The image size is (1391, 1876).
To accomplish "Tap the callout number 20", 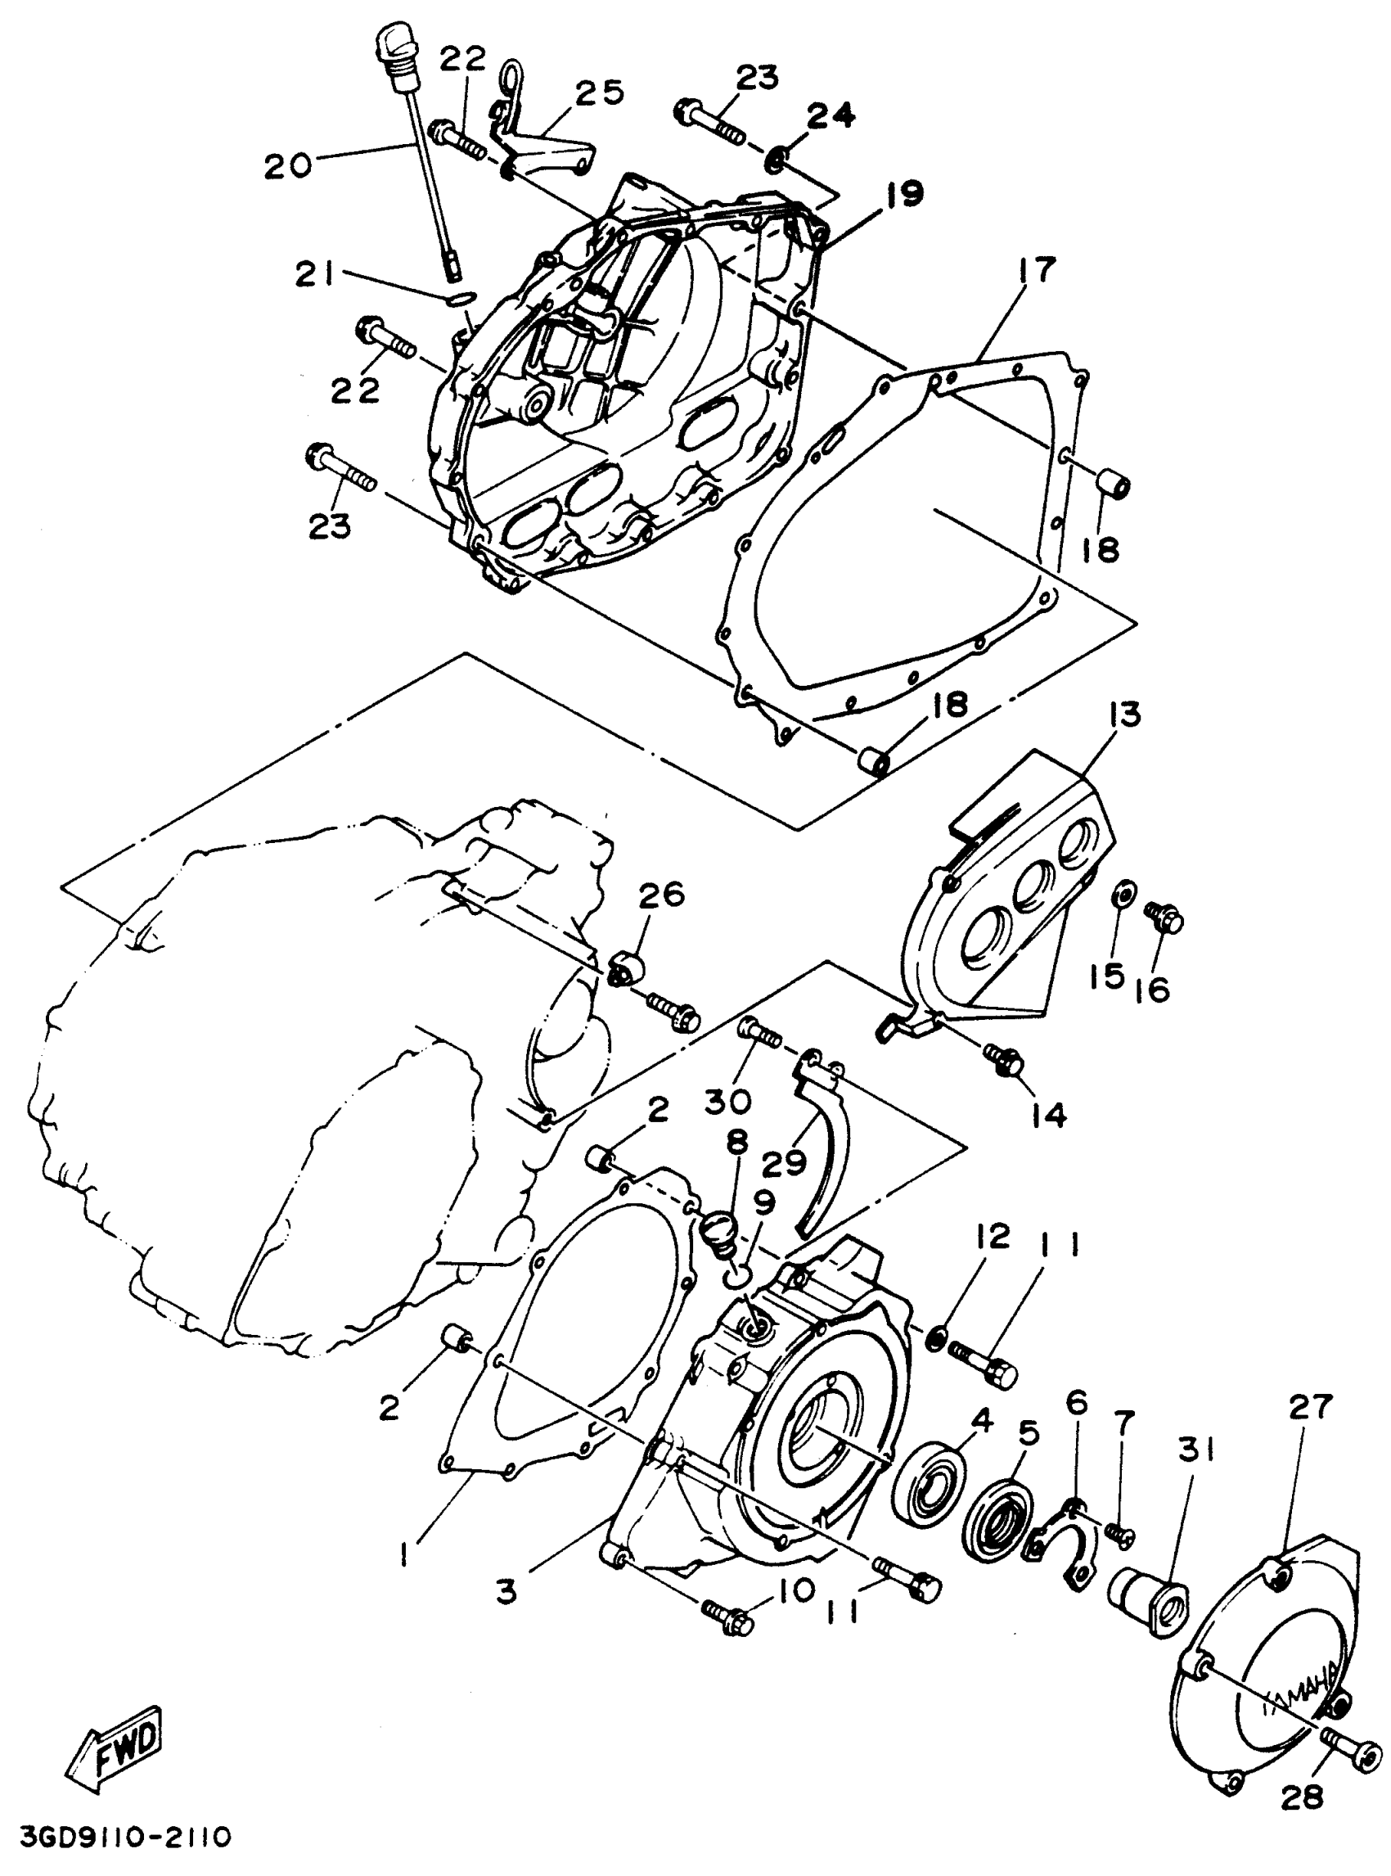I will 287,166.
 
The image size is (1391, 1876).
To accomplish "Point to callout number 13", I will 1124,715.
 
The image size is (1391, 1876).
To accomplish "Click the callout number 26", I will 661,895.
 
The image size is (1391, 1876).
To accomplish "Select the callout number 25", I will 600,92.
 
